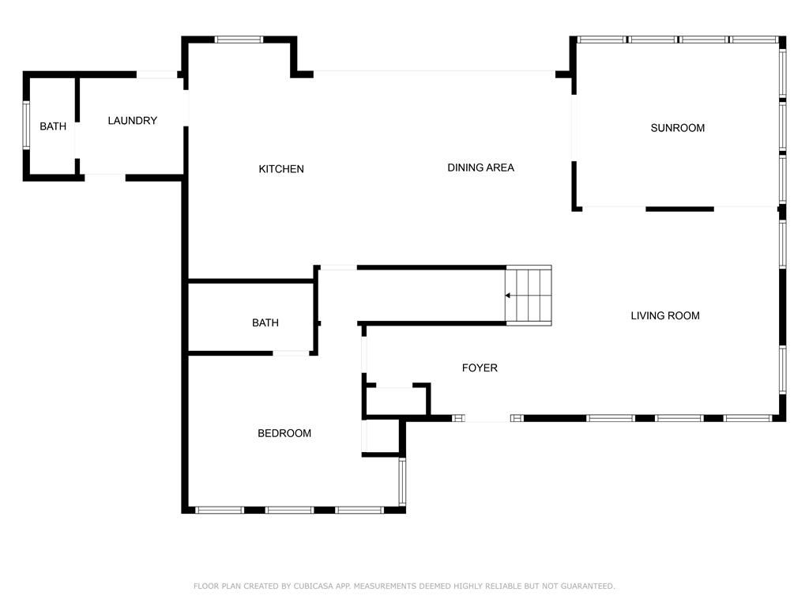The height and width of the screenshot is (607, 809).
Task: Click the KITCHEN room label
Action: (x=281, y=169)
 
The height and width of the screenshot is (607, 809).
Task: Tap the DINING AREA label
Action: (x=480, y=168)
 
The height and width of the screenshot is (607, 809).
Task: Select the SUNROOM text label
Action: (x=677, y=128)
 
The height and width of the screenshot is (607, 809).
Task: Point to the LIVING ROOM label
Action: (x=665, y=315)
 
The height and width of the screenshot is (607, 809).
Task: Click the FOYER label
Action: (x=480, y=368)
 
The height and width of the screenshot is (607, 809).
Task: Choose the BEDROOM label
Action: (x=284, y=433)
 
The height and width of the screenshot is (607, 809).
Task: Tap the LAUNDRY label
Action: (x=132, y=120)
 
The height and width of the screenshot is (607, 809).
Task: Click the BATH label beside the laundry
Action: (x=53, y=126)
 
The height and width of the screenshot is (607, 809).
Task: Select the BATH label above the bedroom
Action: (x=265, y=322)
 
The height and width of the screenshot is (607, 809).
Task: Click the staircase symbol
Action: (x=529, y=296)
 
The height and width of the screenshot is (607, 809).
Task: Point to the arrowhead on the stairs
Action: (x=508, y=296)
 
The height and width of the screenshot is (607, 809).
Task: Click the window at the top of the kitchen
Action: (x=239, y=40)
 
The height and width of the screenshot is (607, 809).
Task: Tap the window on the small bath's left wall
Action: (x=26, y=126)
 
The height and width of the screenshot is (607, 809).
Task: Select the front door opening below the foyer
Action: (x=487, y=419)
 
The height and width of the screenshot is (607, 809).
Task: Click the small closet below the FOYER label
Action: (x=396, y=401)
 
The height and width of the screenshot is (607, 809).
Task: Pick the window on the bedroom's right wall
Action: (x=402, y=482)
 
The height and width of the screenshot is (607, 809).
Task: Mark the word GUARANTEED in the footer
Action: (x=588, y=586)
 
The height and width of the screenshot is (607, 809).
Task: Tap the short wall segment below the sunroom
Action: (x=679, y=209)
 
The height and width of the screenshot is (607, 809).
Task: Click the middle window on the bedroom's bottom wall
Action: (x=289, y=510)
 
